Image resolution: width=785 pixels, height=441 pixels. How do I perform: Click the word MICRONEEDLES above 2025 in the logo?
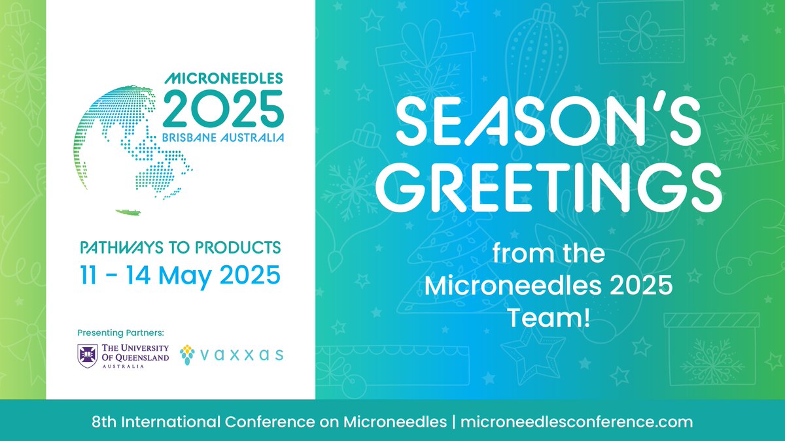click(224, 78)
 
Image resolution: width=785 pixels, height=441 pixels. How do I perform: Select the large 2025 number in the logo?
click(223, 109)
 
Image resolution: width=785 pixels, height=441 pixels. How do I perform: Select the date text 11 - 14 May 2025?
click(180, 274)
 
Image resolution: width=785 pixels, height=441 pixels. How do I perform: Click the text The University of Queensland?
click(135, 354)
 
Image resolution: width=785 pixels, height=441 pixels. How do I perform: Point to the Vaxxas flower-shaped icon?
click(188, 353)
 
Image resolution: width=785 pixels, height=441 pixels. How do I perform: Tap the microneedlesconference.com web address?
click(576, 421)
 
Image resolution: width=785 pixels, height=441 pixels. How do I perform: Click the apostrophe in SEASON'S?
click(656, 99)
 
